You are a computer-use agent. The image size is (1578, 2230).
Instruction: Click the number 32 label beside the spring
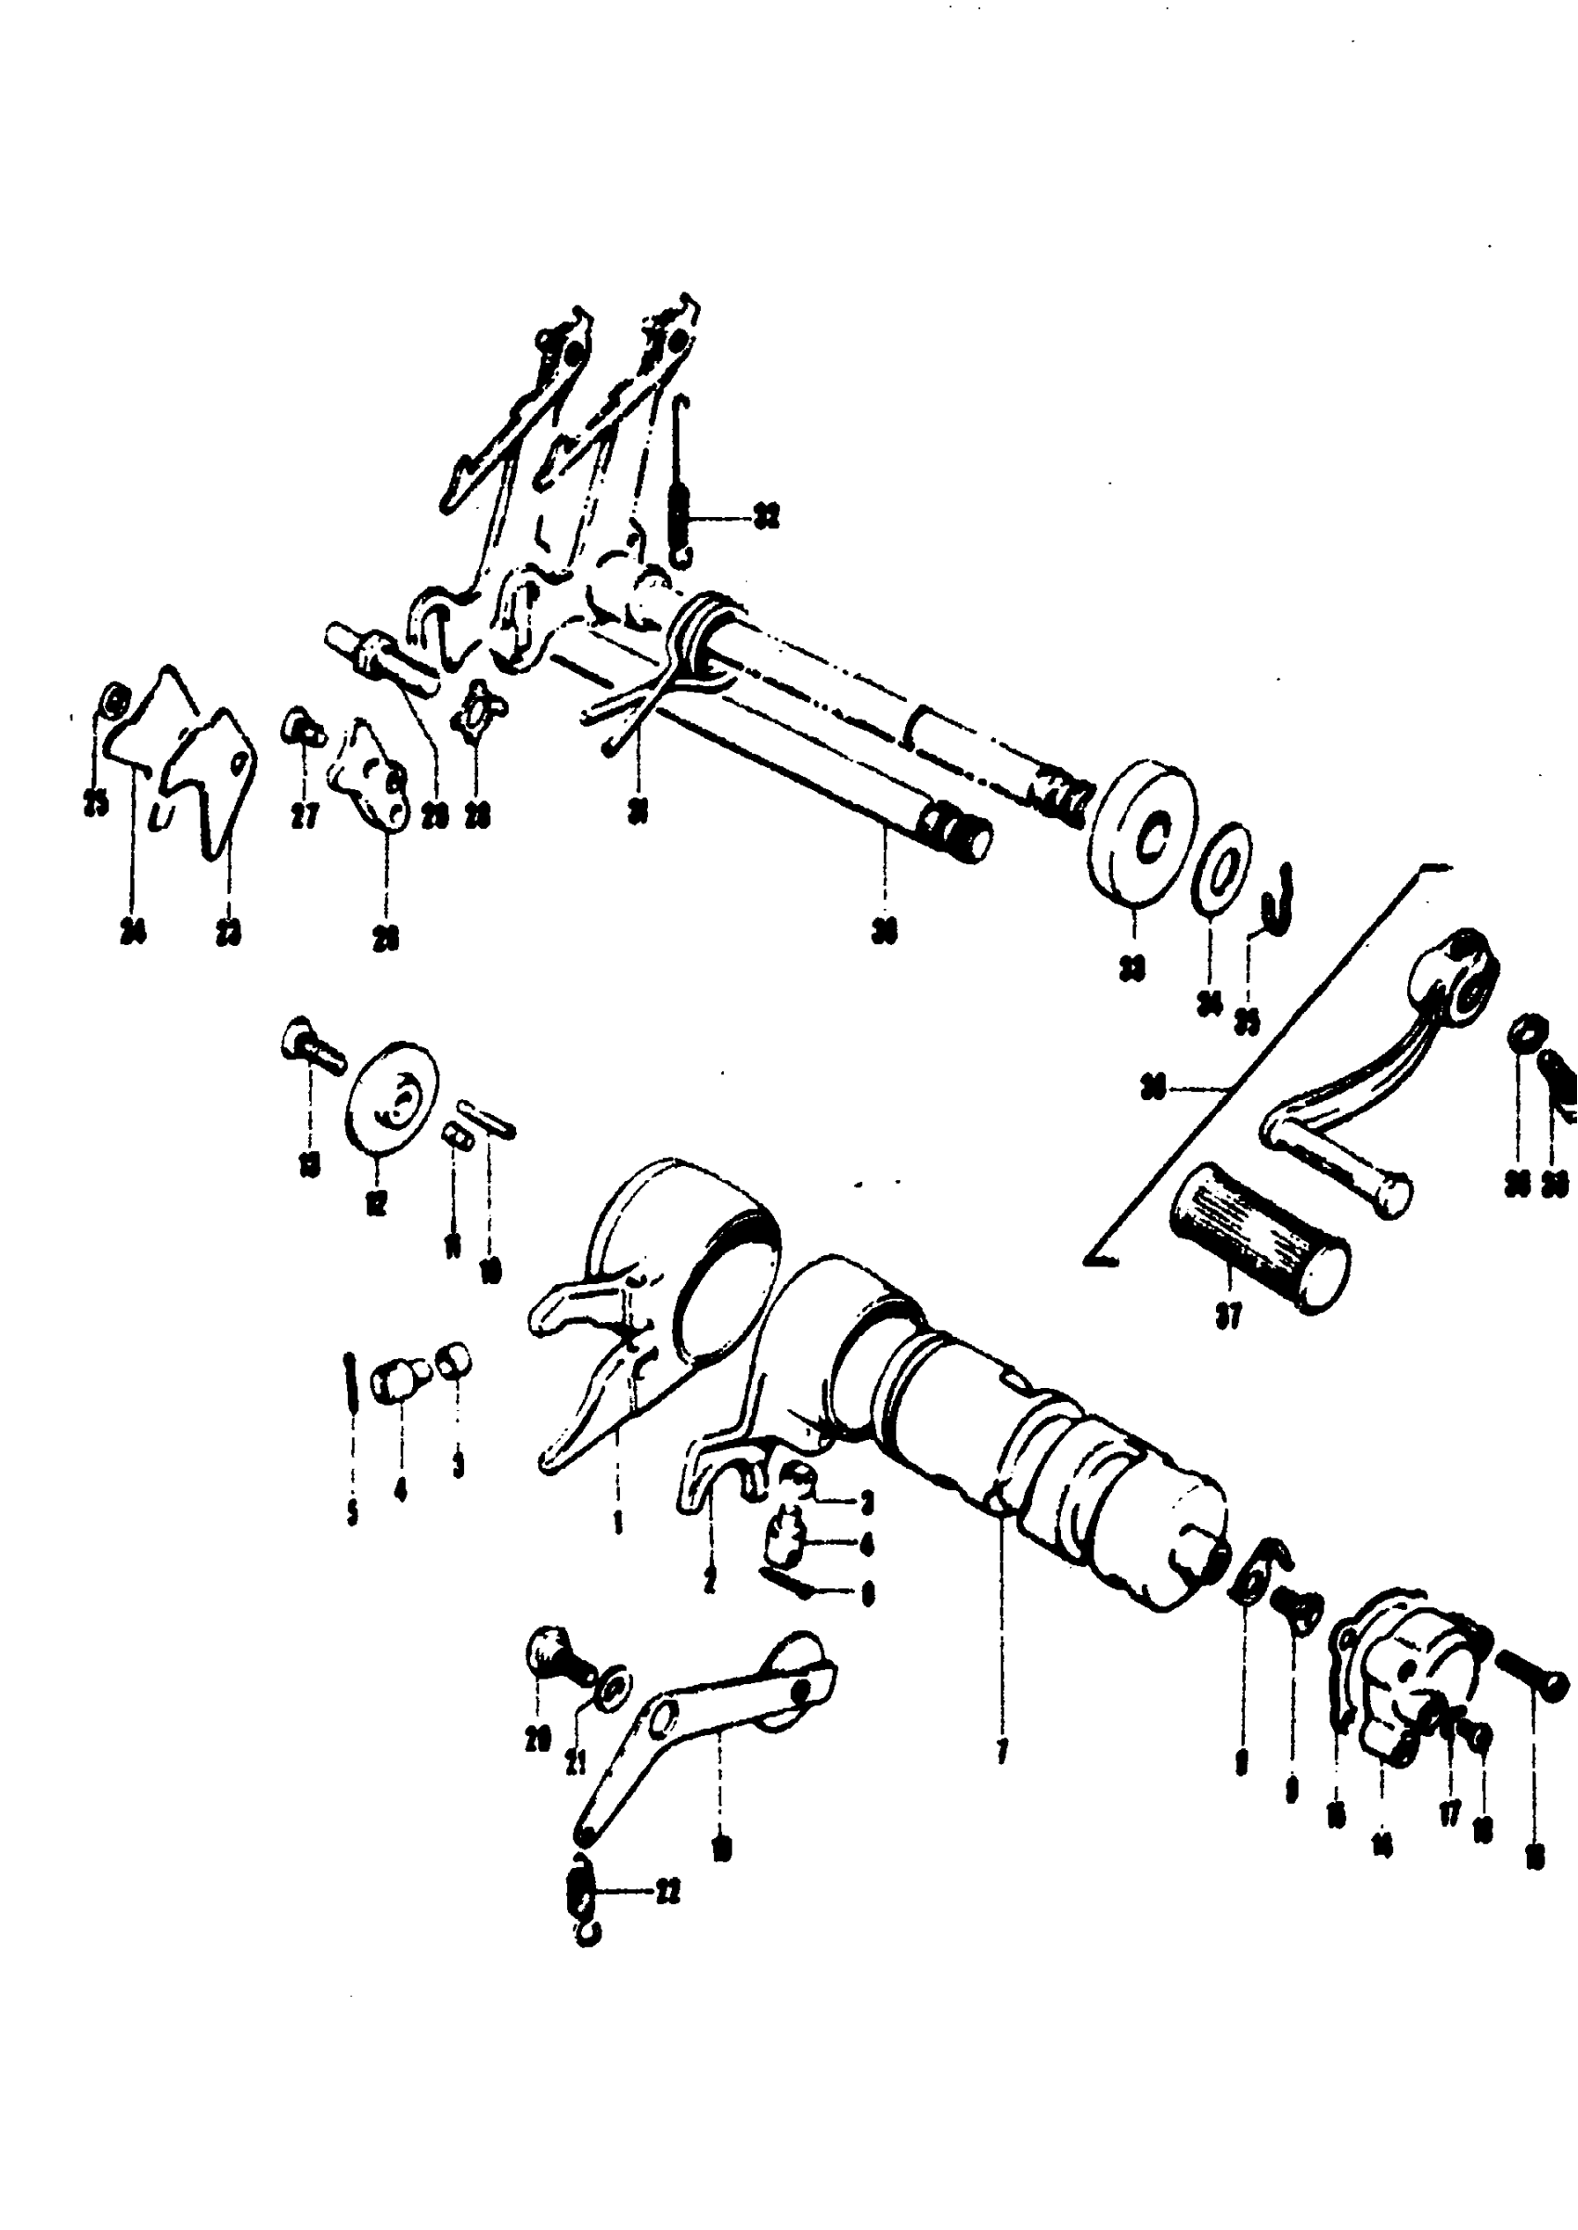coord(767,519)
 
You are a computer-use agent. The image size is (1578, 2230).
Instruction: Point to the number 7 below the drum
coord(1002,1750)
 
